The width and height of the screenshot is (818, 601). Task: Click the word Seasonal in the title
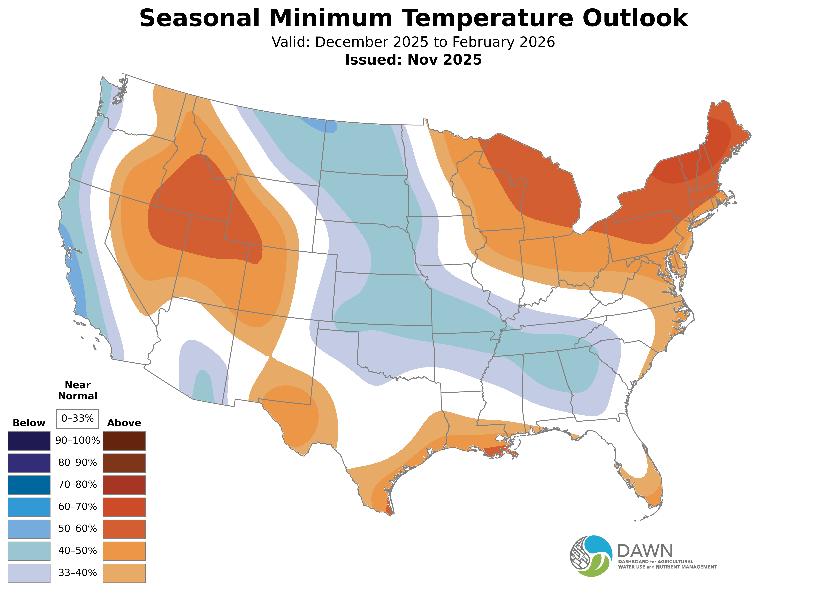coord(199,18)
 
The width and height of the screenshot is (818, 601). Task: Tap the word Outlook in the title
coord(635,18)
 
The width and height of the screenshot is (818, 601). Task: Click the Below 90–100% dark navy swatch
coord(29,441)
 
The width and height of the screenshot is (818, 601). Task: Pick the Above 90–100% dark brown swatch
coord(124,441)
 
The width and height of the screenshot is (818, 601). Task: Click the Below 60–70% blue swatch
coord(29,507)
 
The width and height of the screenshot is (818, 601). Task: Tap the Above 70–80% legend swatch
coord(124,485)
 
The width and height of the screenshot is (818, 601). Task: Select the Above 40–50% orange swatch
coord(124,551)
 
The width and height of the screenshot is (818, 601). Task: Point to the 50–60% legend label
coord(77,529)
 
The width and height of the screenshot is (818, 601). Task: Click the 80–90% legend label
coord(77,463)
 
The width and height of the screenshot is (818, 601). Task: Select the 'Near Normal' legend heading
coord(77,390)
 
